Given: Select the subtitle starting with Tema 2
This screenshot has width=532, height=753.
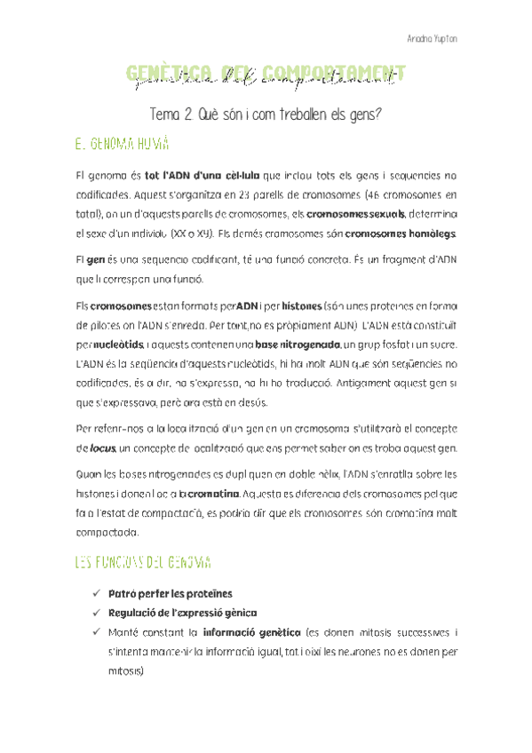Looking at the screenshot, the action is tap(266, 115).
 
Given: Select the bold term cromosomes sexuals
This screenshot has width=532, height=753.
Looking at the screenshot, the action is tap(355, 214).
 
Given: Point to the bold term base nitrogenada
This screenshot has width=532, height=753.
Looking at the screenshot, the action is tap(296, 344).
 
